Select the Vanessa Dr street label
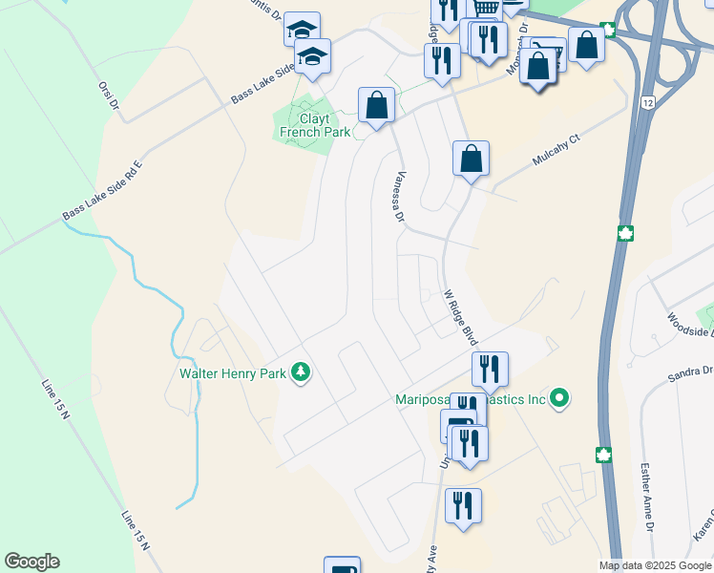[400, 196]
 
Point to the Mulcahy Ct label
[556, 153]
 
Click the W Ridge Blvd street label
[460, 319]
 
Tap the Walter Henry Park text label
[233, 373]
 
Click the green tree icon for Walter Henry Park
[302, 371]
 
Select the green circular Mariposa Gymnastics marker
[561, 398]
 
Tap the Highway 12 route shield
[648, 101]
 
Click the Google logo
[31, 562]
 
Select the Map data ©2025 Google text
[655, 565]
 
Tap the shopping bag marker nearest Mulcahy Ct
[471, 159]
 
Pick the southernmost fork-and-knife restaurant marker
[463, 505]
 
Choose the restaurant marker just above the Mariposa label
[490, 369]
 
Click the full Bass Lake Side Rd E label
[102, 191]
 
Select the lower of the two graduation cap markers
[312, 57]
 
